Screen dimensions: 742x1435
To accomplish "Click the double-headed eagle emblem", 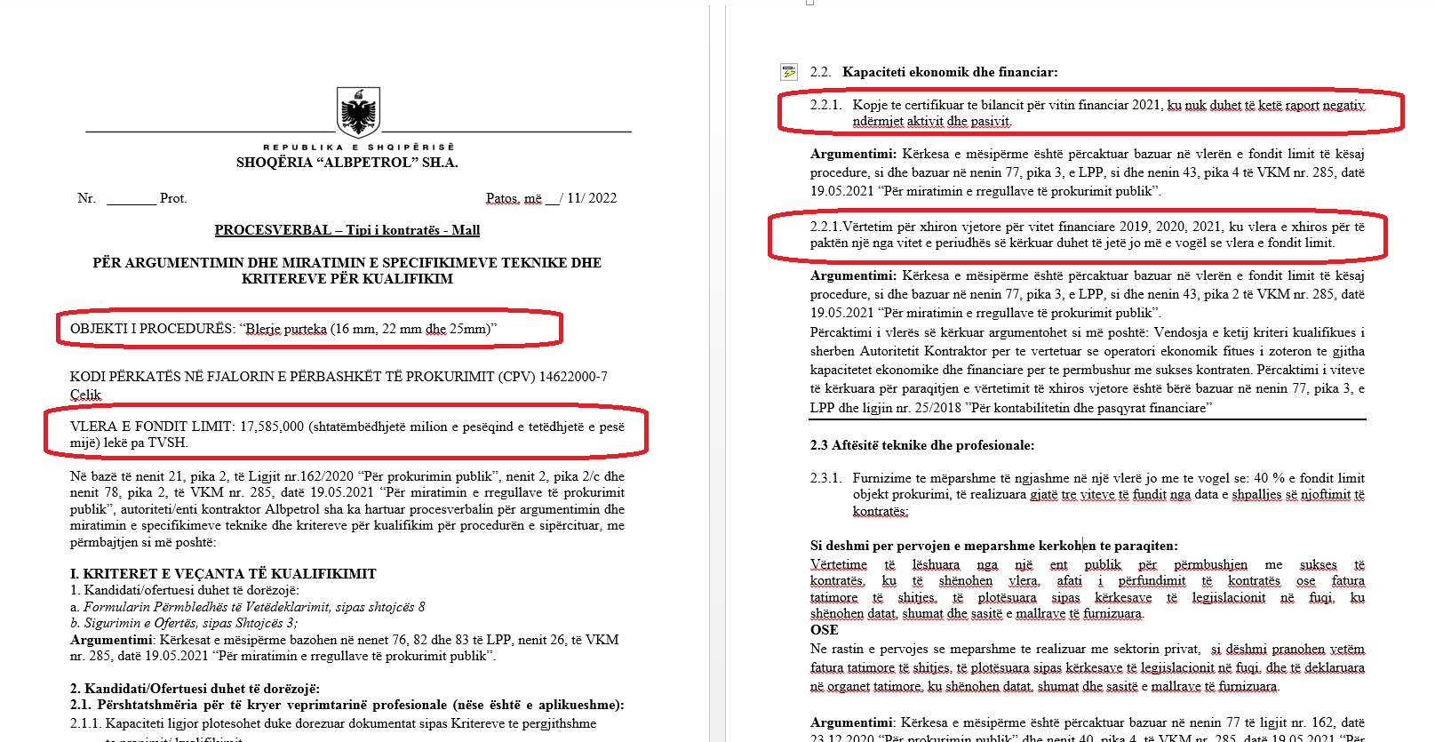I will pyautogui.click(x=359, y=112).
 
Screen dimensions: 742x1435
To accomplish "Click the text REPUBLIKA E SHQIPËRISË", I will pyautogui.click(x=358, y=148).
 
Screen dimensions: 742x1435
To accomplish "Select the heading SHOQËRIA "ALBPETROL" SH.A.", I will pyautogui.click(x=347, y=163).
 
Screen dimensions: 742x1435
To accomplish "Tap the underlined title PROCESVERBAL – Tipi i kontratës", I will pyautogui.click(x=347, y=230).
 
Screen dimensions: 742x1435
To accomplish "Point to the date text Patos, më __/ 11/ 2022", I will pyautogui.click(x=551, y=198).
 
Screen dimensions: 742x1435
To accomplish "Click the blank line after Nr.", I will pyautogui.click(x=131, y=199).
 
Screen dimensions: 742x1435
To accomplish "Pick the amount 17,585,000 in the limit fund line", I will pyautogui.click(x=273, y=427).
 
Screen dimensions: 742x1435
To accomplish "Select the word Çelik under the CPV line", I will pyautogui.click(x=85, y=395).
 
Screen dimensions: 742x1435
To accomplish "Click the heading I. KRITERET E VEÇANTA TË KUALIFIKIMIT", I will pyautogui.click(x=223, y=574).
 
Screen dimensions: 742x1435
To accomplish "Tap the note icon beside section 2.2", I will pyautogui.click(x=788, y=72).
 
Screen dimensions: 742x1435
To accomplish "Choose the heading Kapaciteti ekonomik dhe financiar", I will pyautogui.click(x=950, y=72).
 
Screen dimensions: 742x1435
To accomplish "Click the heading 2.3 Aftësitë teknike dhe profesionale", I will pyautogui.click(x=922, y=445).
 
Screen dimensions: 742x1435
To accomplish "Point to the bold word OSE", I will pyautogui.click(x=824, y=630).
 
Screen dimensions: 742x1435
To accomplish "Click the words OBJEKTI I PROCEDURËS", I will pyautogui.click(x=152, y=329).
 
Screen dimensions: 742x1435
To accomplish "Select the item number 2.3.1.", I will pyautogui.click(x=825, y=478).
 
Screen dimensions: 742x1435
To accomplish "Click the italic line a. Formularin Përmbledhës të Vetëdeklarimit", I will pyautogui.click(x=254, y=607).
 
